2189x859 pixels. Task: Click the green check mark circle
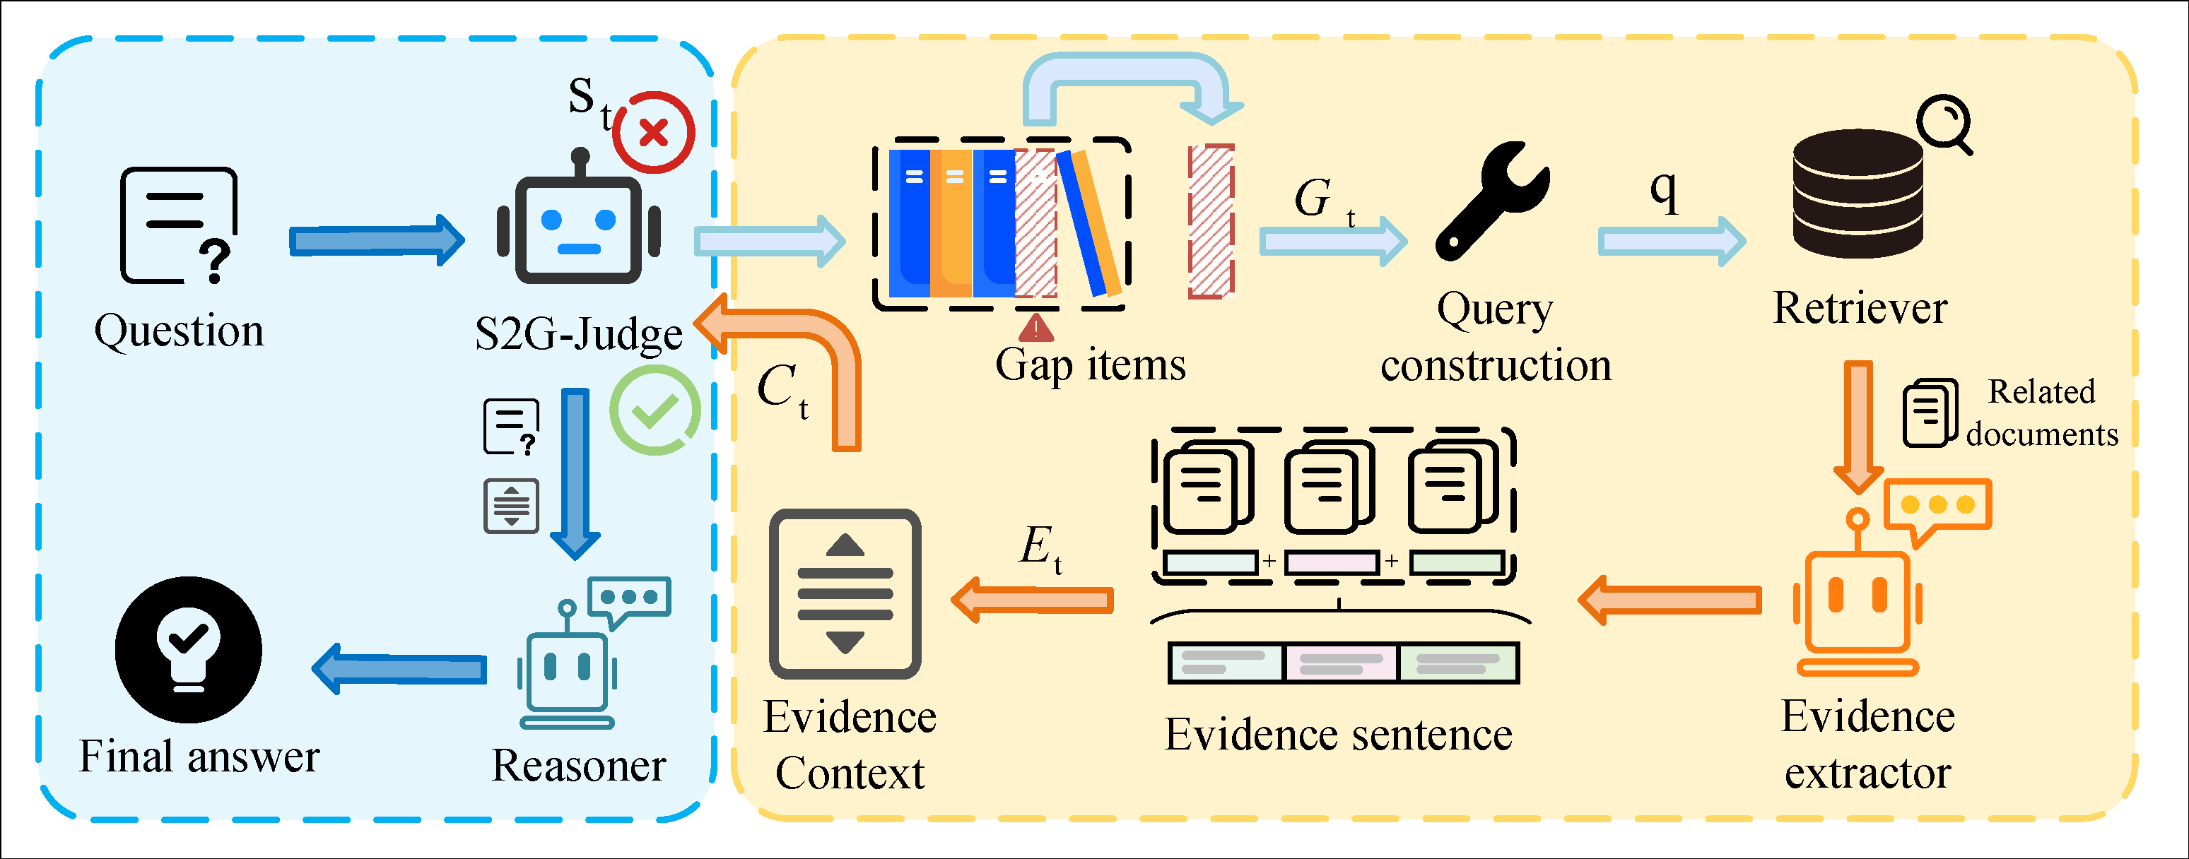[x=655, y=410]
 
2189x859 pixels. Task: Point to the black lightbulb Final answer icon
[x=189, y=650]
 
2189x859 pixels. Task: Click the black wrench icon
[x=1492, y=201]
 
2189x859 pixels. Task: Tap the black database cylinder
[x=1858, y=194]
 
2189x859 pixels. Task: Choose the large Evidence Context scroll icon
[x=845, y=594]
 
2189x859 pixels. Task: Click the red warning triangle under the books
[x=1036, y=327]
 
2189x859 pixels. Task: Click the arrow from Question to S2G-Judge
[x=377, y=240]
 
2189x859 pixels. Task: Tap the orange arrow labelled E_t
[x=1033, y=600]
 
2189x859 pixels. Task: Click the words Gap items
[x=1090, y=365]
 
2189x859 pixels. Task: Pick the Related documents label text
[x=2041, y=413]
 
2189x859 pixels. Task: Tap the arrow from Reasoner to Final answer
[x=399, y=669]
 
